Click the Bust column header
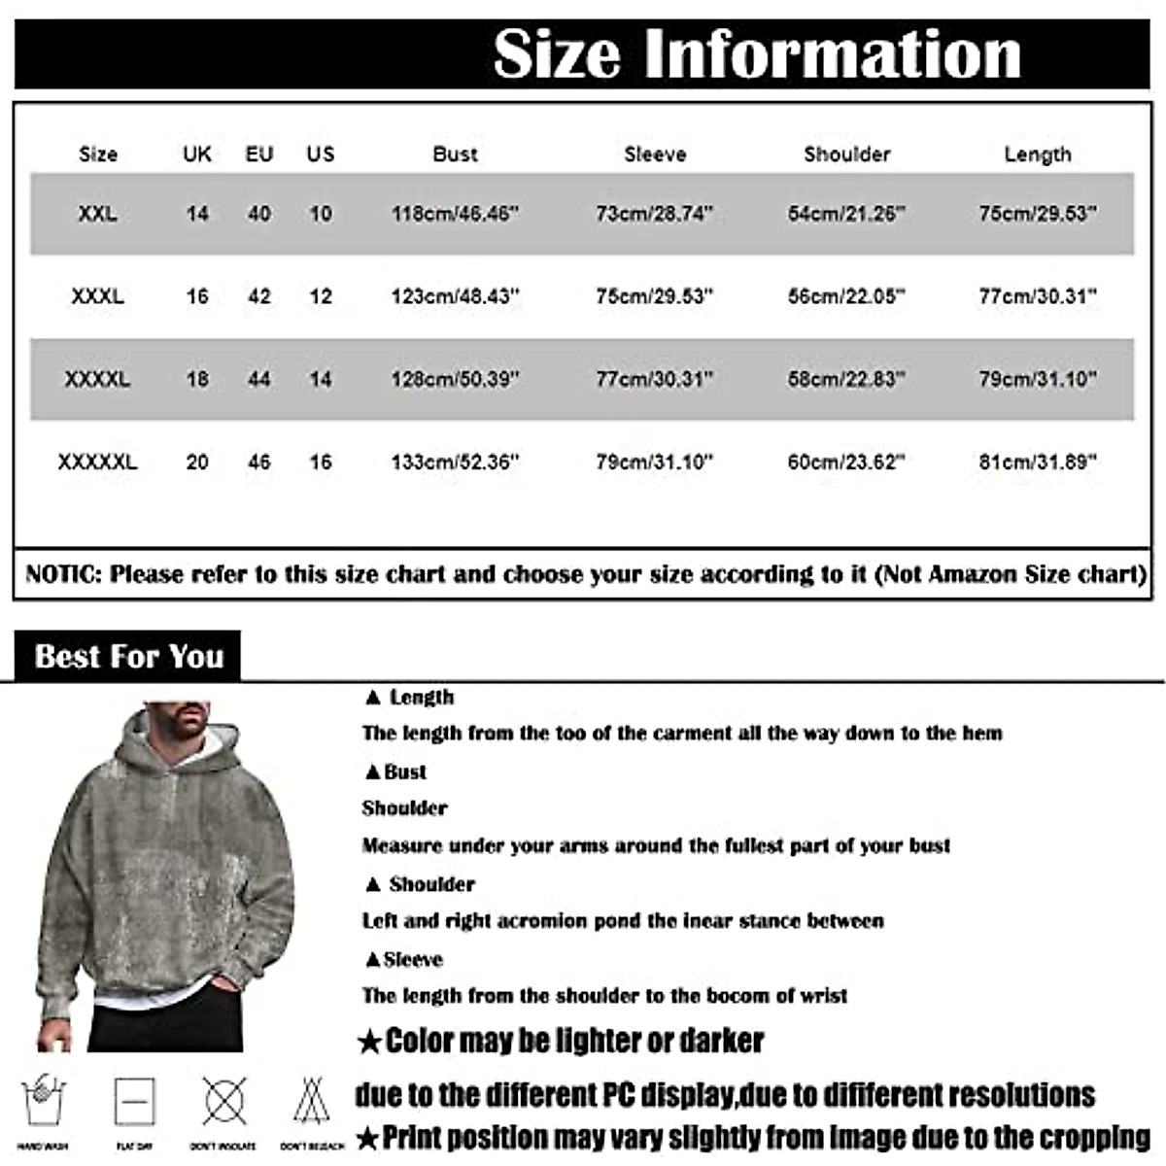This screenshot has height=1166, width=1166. pyautogui.click(x=455, y=154)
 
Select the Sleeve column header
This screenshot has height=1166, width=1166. pyautogui.click(x=655, y=154)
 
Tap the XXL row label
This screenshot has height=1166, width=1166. pyautogui.click(x=97, y=213)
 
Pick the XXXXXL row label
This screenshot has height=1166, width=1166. pyautogui.click(x=97, y=462)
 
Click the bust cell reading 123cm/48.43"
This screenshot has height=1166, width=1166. pyautogui.click(x=455, y=295)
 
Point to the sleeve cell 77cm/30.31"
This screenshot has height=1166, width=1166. pyautogui.click(x=654, y=379)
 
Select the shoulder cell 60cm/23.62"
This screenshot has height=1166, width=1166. pyautogui.click(x=845, y=462)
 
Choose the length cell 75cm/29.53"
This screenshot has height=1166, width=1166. pyautogui.click(x=1037, y=213)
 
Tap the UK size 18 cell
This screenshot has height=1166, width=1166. pyautogui.click(x=197, y=379)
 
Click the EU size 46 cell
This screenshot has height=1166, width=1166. pyautogui.click(x=258, y=462)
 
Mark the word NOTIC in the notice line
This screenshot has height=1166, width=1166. pyautogui.click(x=62, y=574)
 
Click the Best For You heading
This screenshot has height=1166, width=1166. pyautogui.click(x=128, y=657)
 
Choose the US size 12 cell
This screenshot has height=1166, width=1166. pyautogui.click(x=321, y=295)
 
